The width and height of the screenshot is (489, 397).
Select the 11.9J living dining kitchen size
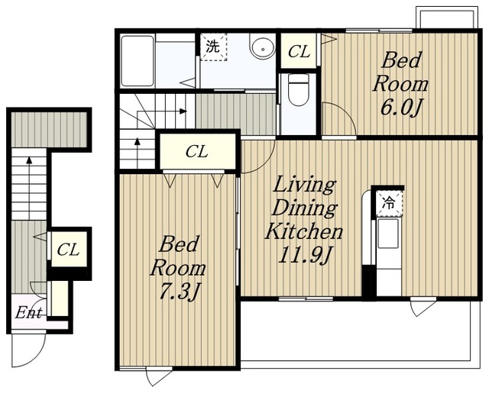(x=304, y=256)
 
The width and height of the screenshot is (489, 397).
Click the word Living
(x=304, y=185)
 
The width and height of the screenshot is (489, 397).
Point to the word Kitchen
(x=304, y=231)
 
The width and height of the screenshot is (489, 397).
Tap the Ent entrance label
(x=29, y=313)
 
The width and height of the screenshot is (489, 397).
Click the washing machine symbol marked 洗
(x=213, y=47)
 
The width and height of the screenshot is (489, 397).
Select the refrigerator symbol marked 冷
(x=390, y=204)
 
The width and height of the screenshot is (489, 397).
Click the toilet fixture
(x=299, y=89)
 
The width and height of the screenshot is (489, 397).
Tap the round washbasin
(x=262, y=47)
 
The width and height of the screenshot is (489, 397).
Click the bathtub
(x=138, y=61)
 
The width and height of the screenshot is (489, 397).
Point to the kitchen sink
(x=388, y=234)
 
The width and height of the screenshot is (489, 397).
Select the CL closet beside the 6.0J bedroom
(x=299, y=51)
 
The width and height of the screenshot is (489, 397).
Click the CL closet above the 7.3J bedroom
(x=197, y=152)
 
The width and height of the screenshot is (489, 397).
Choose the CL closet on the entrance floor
(x=69, y=250)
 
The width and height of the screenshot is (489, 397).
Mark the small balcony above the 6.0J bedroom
(x=447, y=18)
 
